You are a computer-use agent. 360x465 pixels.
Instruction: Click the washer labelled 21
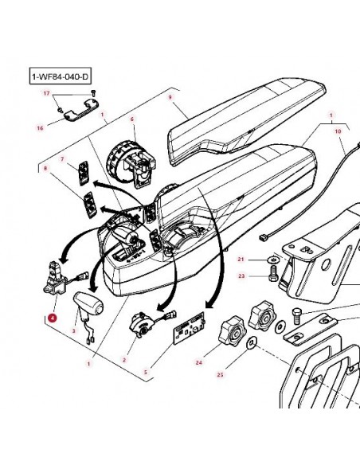274,260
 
